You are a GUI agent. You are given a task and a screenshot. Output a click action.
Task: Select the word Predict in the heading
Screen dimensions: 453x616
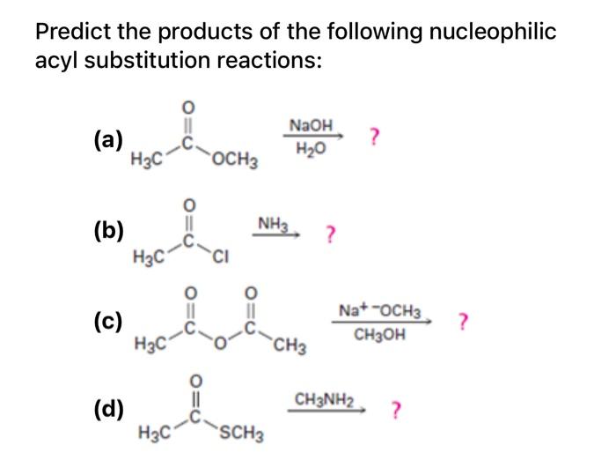pos(70,33)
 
